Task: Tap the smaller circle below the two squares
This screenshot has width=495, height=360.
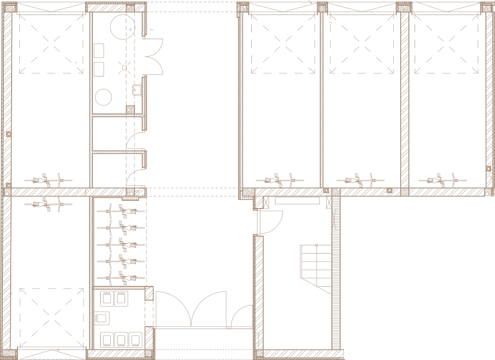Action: [x=104, y=97]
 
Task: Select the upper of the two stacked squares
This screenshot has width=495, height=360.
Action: [x=99, y=50]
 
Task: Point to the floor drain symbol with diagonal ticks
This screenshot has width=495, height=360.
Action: [x=124, y=68]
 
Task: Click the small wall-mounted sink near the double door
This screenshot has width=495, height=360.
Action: [x=136, y=89]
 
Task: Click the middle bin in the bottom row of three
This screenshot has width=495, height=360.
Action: [x=121, y=339]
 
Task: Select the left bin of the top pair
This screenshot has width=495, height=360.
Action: [x=106, y=298]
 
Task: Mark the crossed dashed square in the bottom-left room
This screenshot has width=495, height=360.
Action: [x=51, y=317]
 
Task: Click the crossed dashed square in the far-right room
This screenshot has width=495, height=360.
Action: [x=446, y=44]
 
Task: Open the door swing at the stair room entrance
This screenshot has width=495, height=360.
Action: [x=270, y=223]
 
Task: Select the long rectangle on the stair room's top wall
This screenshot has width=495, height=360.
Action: [x=297, y=200]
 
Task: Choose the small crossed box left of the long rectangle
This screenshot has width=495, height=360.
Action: [x=264, y=202]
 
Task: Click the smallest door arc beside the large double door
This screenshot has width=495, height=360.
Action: [x=241, y=316]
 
